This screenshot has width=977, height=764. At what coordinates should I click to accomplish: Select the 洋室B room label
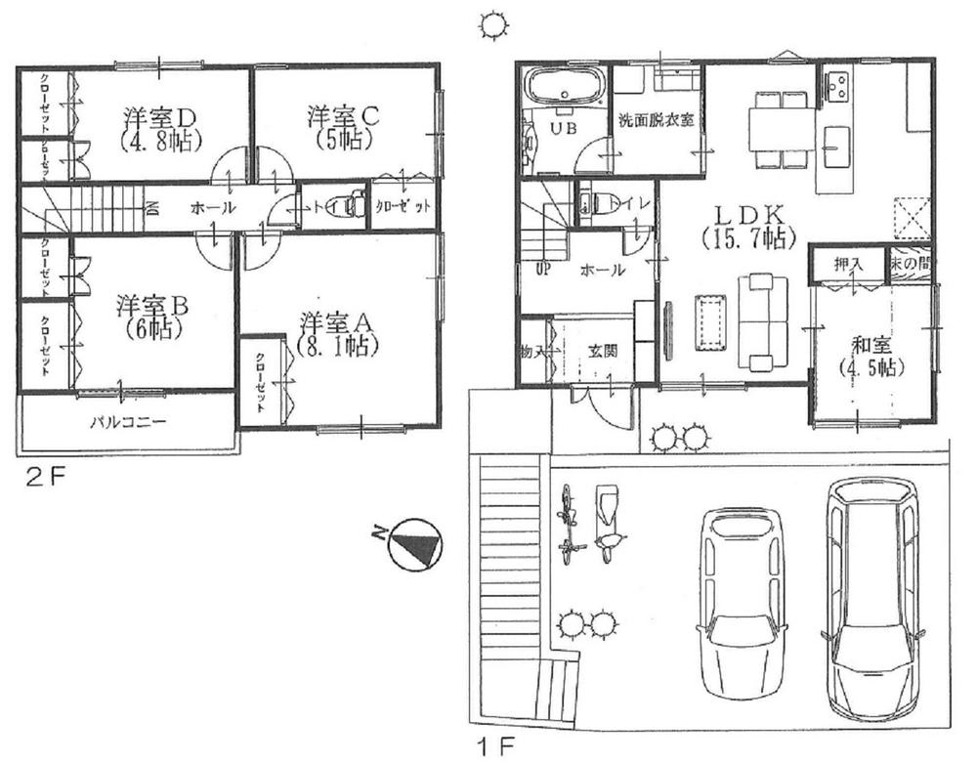point(153,304)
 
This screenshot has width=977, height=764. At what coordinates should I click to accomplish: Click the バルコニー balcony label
point(129,424)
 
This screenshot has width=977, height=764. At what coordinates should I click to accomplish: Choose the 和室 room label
point(871,344)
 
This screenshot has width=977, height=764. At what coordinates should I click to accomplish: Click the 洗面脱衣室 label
point(656,120)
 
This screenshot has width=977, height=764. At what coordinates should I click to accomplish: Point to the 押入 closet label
point(846,264)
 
